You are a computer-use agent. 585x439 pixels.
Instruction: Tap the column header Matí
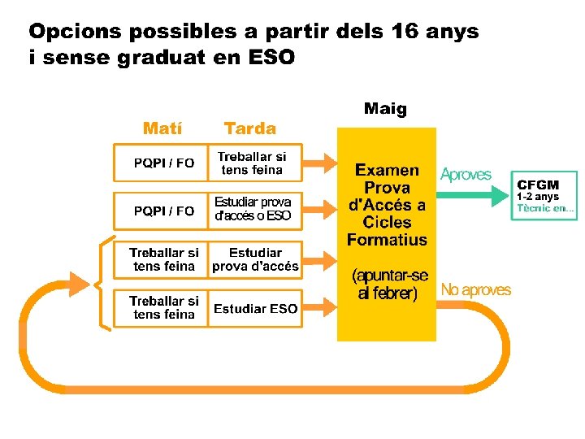pyautogui.click(x=162, y=128)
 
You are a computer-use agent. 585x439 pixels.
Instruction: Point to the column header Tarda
pyautogui.click(x=250, y=128)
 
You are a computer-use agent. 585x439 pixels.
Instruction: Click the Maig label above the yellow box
pyautogui.click(x=385, y=108)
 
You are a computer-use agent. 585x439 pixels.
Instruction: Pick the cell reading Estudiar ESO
pyautogui.click(x=255, y=309)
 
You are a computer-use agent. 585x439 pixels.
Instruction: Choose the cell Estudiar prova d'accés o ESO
pyautogui.click(x=253, y=209)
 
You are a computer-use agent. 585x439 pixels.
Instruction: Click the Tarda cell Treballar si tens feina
pyautogui.click(x=252, y=163)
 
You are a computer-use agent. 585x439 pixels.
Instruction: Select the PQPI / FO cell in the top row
pyautogui.click(x=164, y=163)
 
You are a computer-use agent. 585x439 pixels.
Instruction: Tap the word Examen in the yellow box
pyautogui.click(x=387, y=170)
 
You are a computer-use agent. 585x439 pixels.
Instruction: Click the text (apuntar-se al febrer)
pyautogui.click(x=388, y=285)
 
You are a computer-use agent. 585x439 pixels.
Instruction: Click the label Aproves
pyautogui.click(x=466, y=174)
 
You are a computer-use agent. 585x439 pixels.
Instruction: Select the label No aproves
pyautogui.click(x=475, y=289)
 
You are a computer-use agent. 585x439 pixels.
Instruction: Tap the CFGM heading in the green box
pyautogui.click(x=538, y=185)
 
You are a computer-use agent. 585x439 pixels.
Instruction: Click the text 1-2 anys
pyautogui.click(x=538, y=197)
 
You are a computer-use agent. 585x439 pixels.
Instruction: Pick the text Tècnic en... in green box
pyautogui.click(x=545, y=208)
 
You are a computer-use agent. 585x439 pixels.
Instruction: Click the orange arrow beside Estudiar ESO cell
pyautogui.click(x=320, y=308)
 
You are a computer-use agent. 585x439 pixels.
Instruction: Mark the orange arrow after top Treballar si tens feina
pyautogui.click(x=320, y=163)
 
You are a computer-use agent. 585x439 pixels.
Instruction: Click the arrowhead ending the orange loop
pyautogui.click(x=78, y=284)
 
